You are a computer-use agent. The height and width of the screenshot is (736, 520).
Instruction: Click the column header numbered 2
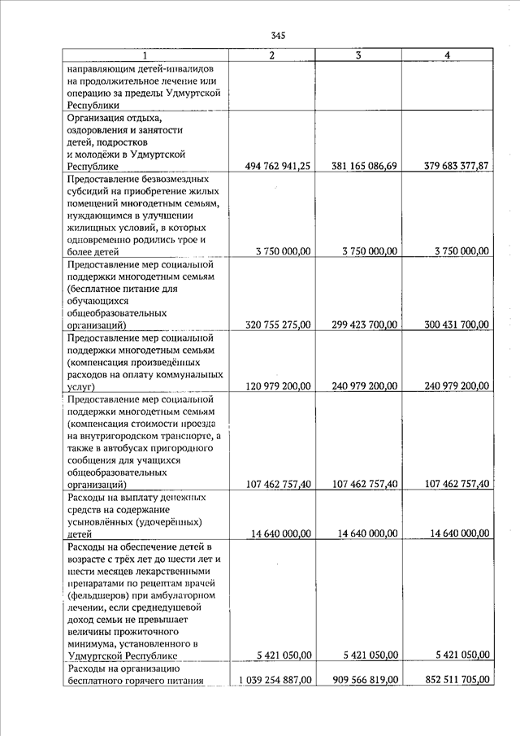pyautogui.click(x=272, y=54)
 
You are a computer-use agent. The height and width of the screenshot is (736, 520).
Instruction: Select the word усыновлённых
pyautogui.click(x=103, y=521)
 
